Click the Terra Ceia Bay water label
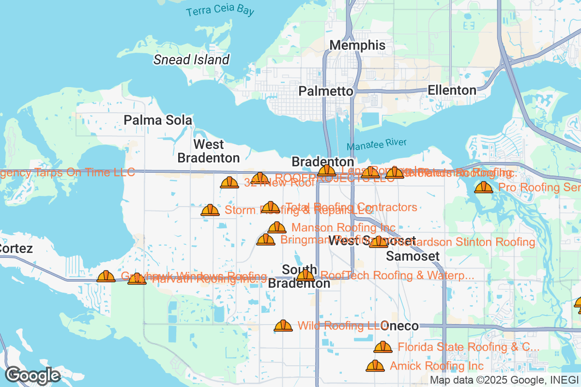click(x=220, y=11)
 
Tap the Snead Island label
click(x=191, y=60)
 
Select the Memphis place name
click(x=357, y=45)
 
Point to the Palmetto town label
click(x=326, y=91)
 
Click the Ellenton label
click(x=452, y=90)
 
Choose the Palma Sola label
click(x=158, y=120)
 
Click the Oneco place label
click(x=400, y=326)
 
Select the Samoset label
click(x=413, y=256)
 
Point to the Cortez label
click(x=15, y=249)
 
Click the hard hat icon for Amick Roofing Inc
click(x=375, y=366)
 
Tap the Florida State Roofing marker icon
click(x=383, y=347)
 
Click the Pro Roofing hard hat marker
click(x=483, y=187)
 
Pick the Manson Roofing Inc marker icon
click(x=277, y=227)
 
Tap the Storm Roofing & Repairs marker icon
click(x=210, y=210)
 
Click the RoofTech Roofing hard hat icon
click(x=306, y=276)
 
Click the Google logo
click(x=32, y=375)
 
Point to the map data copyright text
click(x=504, y=380)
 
